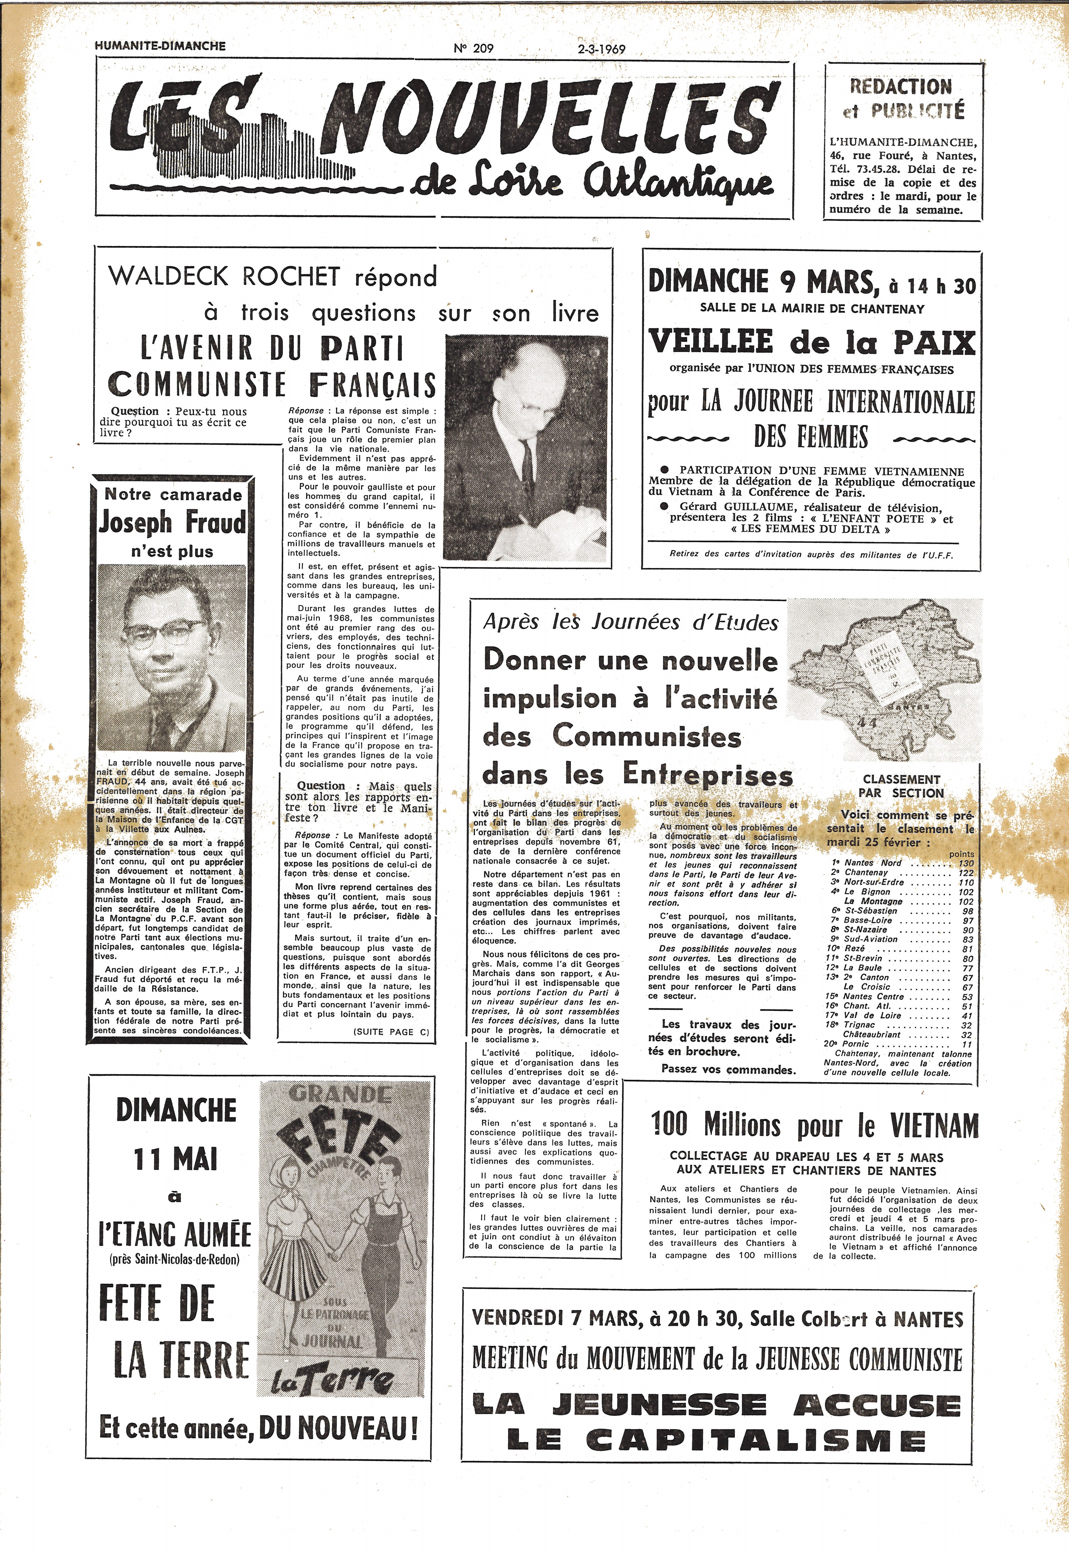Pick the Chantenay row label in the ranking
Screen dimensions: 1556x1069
click(865, 873)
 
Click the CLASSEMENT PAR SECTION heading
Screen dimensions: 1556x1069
click(902, 786)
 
